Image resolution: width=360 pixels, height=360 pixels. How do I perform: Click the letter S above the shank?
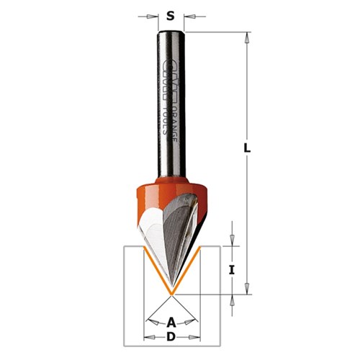click(x=170, y=14)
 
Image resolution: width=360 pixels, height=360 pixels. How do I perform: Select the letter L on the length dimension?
click(x=247, y=149)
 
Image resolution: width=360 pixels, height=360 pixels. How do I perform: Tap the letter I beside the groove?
click(x=231, y=271)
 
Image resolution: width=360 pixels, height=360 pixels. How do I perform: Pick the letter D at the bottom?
click(x=171, y=337)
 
